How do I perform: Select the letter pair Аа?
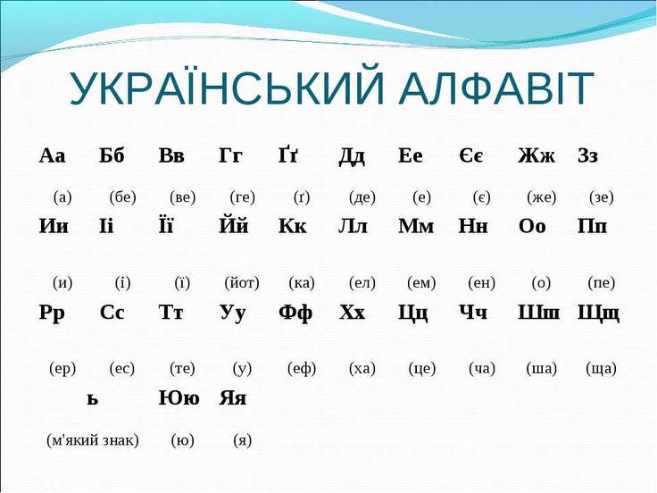pyautogui.click(x=53, y=155)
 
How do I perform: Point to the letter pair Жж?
pyautogui.click(x=536, y=155)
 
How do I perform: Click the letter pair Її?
pyautogui.click(x=170, y=226)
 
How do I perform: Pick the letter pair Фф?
pyautogui.click(x=295, y=313)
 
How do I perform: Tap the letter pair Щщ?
pyautogui.click(x=598, y=313)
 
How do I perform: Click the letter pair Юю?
pyautogui.click(x=179, y=398)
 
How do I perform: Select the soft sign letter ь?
pyautogui.click(x=92, y=399)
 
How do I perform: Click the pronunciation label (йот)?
pyautogui.click(x=242, y=283)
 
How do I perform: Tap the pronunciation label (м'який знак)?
pyautogui.click(x=93, y=439)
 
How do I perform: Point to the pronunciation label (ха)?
pyautogui.click(x=362, y=368)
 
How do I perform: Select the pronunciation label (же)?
pyautogui.click(x=541, y=197)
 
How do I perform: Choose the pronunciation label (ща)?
pyautogui.click(x=601, y=368)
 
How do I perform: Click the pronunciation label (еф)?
pyautogui.click(x=302, y=368)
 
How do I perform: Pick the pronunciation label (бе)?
pyautogui.click(x=122, y=197)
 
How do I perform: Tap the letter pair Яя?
pyautogui.click(x=233, y=398)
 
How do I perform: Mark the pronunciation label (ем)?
pyautogui.click(x=421, y=283)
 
